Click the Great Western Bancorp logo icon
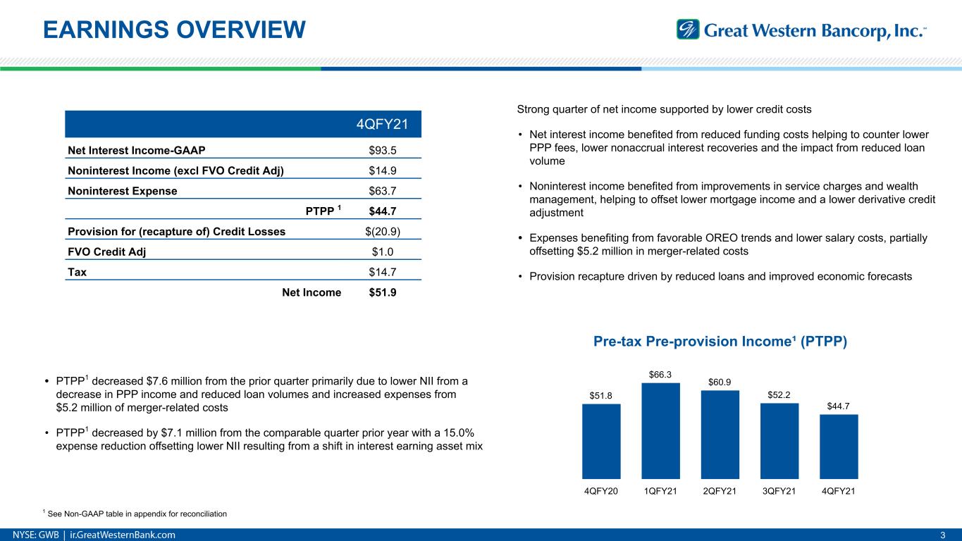688,30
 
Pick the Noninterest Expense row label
123,190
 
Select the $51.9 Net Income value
382,292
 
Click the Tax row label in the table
78,272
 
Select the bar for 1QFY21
660,431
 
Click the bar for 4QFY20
601,441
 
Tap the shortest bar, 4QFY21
839,447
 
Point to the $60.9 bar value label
720,381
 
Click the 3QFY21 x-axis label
779,490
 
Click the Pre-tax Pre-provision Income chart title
720,342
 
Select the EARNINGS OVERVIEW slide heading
174,29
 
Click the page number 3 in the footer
943,535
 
